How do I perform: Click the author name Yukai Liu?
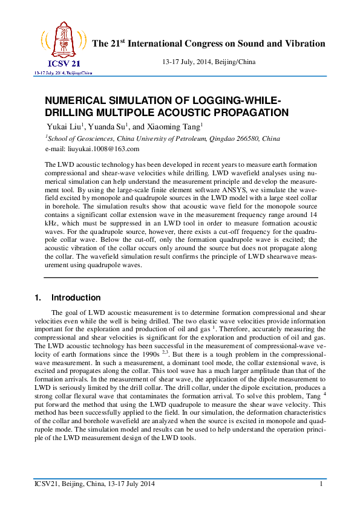pos(67,126)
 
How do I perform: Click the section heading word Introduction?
pos(76,298)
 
